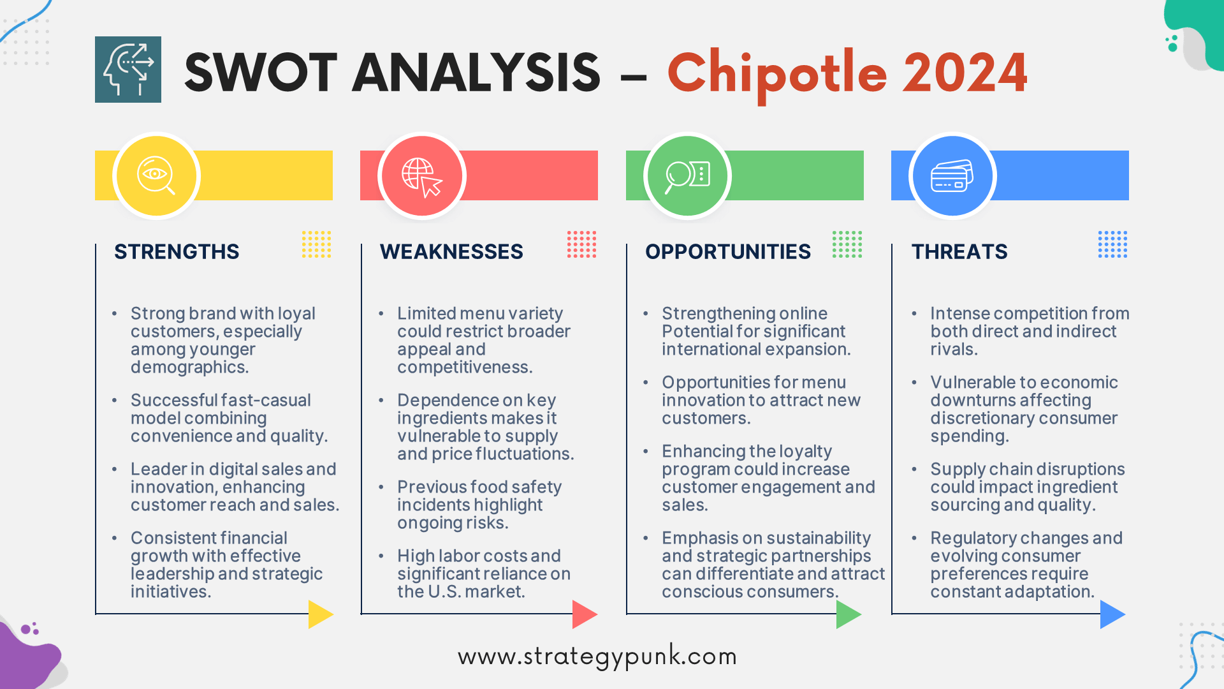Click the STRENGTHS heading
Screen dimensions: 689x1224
(x=177, y=251)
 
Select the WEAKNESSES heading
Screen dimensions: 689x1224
(x=451, y=251)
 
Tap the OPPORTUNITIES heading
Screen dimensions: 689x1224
(x=728, y=251)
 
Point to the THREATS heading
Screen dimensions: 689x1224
(x=959, y=251)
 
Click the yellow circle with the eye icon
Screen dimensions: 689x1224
(x=156, y=175)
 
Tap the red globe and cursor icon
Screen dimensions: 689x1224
(x=421, y=175)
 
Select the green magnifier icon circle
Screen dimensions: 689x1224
(x=687, y=175)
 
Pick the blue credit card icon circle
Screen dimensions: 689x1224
(x=952, y=175)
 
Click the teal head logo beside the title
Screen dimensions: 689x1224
(x=128, y=70)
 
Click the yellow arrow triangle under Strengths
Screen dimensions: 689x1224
(x=319, y=614)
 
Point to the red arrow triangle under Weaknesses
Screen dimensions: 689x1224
(x=583, y=614)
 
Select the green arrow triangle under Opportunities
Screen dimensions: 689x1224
(x=847, y=614)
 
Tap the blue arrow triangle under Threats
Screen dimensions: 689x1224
(x=1111, y=614)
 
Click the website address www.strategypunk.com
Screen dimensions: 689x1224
(x=597, y=656)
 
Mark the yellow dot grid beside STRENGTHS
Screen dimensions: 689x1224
(x=316, y=244)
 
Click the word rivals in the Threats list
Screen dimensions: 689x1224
(x=952, y=350)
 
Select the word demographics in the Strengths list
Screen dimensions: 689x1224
(x=188, y=367)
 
